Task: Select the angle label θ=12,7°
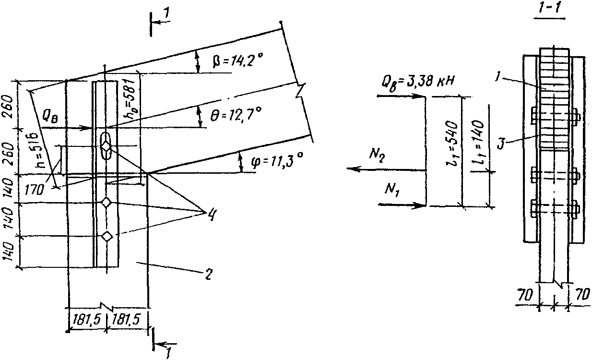tap(236, 115)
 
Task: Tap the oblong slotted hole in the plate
tap(106, 145)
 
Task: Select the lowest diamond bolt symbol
tap(107, 236)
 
